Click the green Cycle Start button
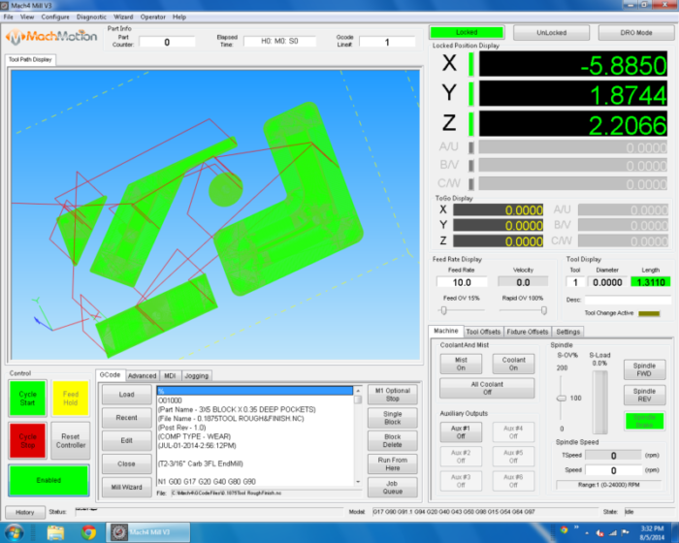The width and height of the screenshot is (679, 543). pos(27,398)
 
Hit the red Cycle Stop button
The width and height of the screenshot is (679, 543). pos(27,439)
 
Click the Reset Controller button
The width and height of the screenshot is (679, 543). pos(71,439)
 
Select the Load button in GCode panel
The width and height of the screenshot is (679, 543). pos(127,395)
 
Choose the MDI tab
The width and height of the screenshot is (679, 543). pos(170,375)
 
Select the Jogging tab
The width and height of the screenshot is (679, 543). pos(196,375)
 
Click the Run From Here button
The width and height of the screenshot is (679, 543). pos(392,464)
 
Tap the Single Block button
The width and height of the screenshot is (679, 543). pos(392,418)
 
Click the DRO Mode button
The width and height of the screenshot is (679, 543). pos(637,32)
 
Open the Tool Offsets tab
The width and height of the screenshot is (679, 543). pos(484,332)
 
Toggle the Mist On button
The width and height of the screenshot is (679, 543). pos(462,364)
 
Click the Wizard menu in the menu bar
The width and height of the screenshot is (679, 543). pos(123,16)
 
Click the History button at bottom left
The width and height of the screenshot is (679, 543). pos(25,511)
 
